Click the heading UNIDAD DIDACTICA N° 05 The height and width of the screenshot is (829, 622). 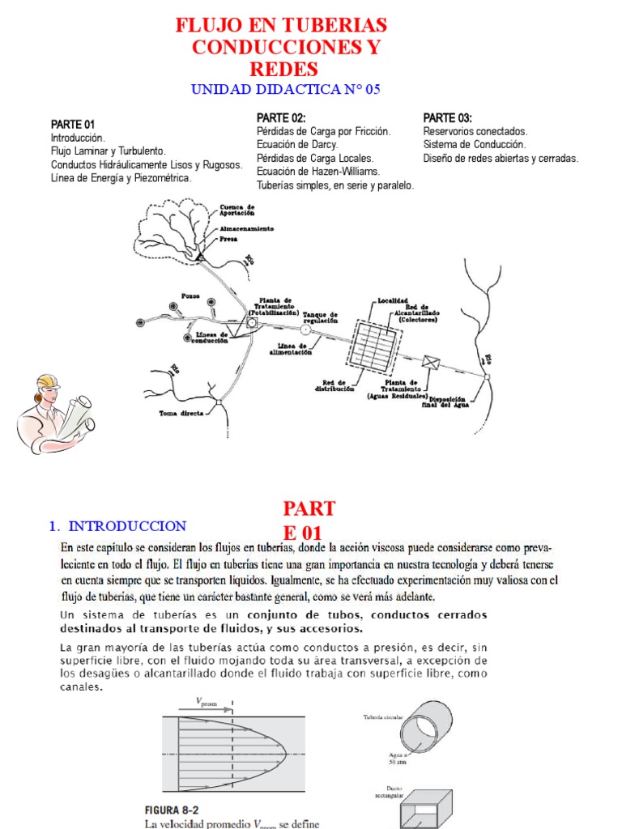[x=285, y=90]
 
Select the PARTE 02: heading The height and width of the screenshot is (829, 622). [x=282, y=118]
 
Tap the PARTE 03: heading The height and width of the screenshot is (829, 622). [x=448, y=118]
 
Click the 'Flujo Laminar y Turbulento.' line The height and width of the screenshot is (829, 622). [x=108, y=151]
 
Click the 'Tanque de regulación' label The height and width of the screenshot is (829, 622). [x=320, y=317]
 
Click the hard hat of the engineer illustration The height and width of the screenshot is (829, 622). [x=47, y=384]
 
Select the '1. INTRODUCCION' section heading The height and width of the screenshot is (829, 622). [x=117, y=526]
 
